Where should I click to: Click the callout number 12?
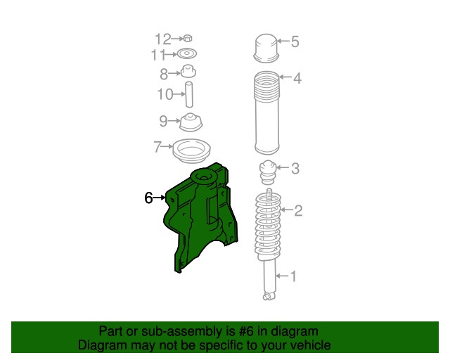(163, 39)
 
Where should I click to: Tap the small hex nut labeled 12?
(188, 38)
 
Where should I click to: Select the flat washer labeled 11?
(187, 53)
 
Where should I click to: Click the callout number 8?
(164, 75)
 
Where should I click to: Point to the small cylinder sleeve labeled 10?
(189, 95)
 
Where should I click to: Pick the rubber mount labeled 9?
(191, 122)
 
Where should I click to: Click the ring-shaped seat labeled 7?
(191, 152)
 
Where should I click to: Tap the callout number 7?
(157, 147)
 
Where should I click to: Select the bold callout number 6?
(148, 198)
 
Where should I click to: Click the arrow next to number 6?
(160, 198)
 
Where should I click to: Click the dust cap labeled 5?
(266, 49)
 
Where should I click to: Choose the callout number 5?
(295, 41)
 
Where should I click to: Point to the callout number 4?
(297, 78)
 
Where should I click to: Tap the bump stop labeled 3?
(268, 172)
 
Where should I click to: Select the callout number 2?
(298, 211)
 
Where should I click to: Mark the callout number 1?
(293, 276)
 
